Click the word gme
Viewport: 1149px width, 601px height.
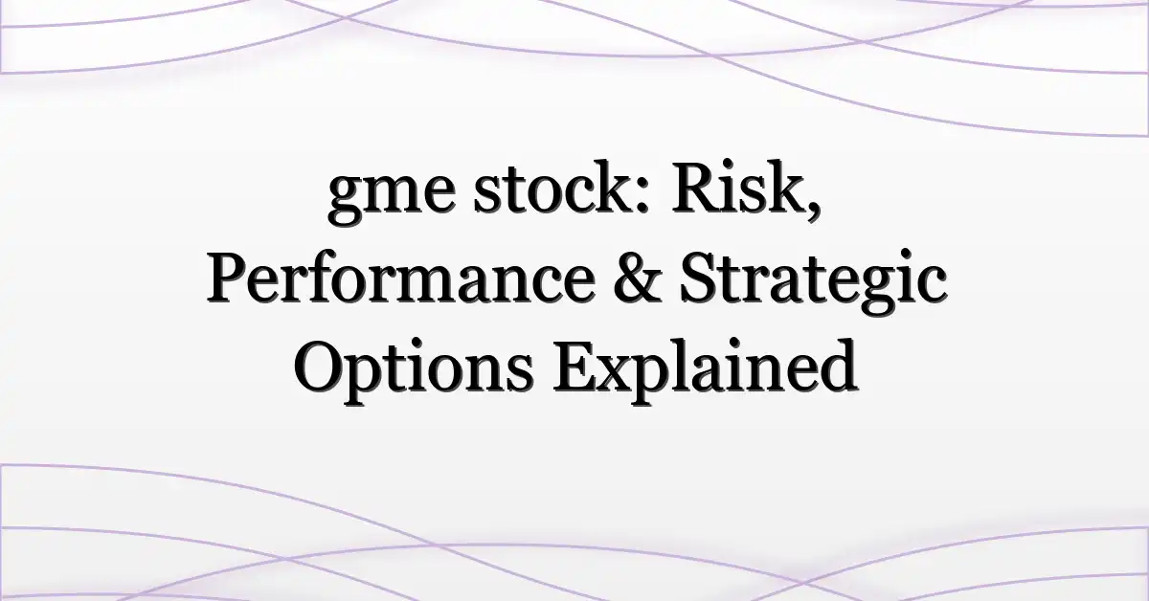click(x=392, y=197)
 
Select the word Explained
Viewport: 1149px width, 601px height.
click(x=705, y=370)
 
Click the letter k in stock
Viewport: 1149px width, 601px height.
click(x=617, y=189)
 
